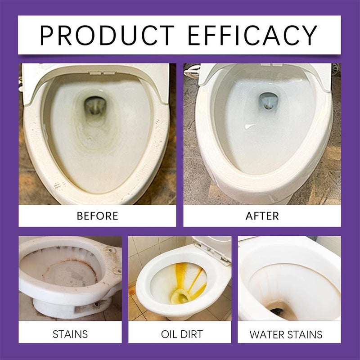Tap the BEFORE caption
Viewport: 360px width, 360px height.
click(97, 216)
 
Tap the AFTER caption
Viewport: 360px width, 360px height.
click(262, 216)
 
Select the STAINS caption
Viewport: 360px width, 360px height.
click(70, 334)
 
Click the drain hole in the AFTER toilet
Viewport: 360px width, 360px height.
click(267, 100)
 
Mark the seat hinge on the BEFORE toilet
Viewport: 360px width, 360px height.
click(99, 72)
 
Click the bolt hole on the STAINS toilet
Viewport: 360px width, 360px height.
click(108, 249)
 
